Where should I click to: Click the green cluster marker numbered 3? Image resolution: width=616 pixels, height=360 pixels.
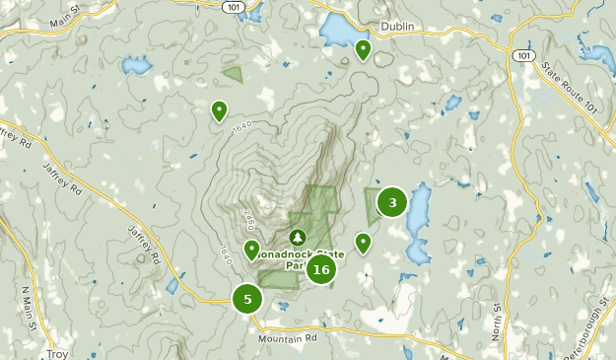(392, 203)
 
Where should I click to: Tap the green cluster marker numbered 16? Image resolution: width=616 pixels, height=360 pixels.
(320, 268)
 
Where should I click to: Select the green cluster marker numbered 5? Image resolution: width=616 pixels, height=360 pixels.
(247, 299)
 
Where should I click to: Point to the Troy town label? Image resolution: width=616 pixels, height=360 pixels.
(57, 352)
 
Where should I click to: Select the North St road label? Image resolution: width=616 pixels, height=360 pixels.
(499, 322)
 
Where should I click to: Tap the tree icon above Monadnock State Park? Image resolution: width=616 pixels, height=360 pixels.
(298, 238)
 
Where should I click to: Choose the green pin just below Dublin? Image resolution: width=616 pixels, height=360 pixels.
(364, 49)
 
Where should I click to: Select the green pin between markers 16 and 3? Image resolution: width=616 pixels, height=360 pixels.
(364, 242)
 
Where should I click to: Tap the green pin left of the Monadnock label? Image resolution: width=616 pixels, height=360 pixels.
(251, 250)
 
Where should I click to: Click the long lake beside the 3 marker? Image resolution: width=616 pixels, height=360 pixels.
(418, 222)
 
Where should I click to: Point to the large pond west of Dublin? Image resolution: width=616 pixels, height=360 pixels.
(340, 32)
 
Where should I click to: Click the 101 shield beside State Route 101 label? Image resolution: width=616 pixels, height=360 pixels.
(523, 56)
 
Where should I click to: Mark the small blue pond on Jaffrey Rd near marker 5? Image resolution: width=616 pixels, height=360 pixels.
(172, 286)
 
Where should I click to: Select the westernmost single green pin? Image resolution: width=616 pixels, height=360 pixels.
(219, 110)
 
